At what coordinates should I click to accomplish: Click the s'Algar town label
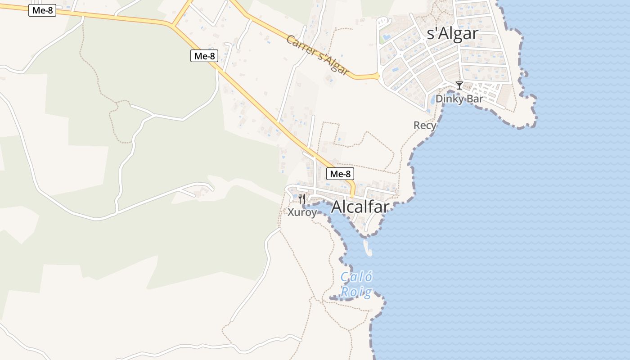(452, 34)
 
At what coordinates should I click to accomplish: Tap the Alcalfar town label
(360, 207)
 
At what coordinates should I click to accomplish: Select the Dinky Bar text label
(459, 99)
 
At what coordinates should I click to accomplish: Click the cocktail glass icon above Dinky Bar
(459, 85)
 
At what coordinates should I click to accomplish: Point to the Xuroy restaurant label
(302, 212)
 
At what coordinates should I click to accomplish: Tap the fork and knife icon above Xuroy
(302, 198)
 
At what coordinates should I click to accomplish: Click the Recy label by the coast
(424, 125)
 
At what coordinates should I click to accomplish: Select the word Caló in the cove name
(356, 277)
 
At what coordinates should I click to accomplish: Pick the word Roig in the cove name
(356, 292)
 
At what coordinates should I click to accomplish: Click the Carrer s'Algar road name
(318, 55)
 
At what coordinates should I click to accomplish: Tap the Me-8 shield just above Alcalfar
(340, 174)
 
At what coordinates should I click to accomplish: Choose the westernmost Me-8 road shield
(42, 10)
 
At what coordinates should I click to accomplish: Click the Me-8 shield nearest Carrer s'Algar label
(204, 56)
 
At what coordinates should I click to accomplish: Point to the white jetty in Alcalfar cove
(368, 248)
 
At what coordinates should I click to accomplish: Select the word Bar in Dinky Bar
(475, 99)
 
